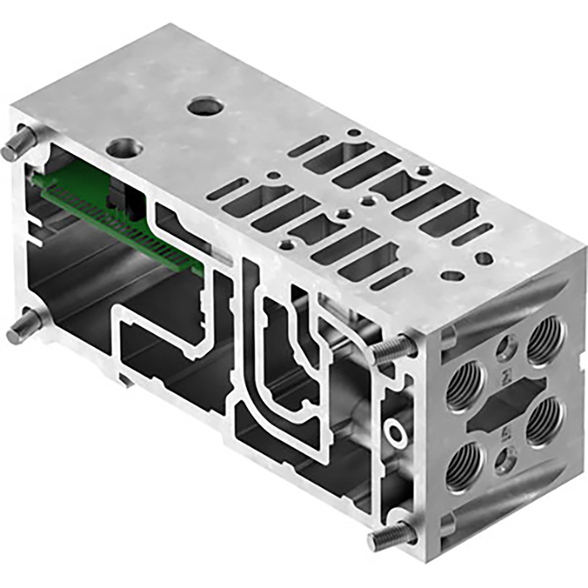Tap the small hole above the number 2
[x=505, y=345]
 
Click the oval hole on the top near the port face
[x=453, y=275]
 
